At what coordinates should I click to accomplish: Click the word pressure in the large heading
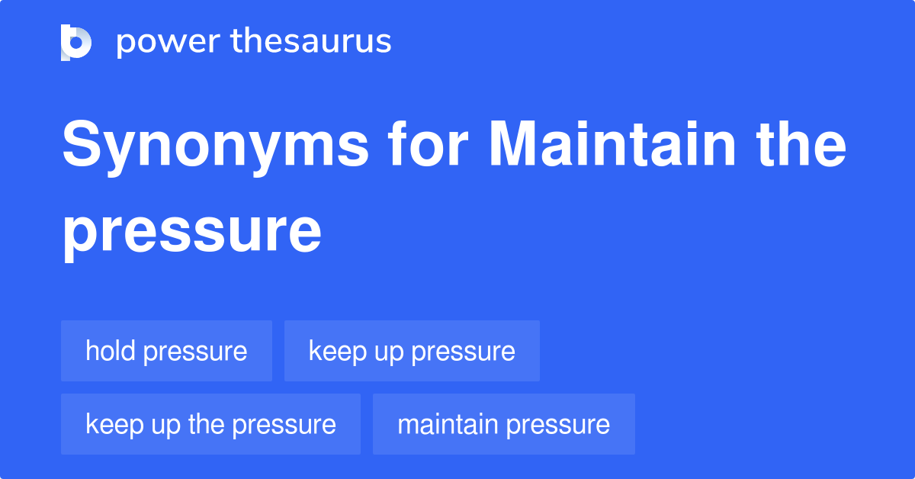pyautogui.click(x=191, y=232)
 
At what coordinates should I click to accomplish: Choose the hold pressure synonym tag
pyautogui.click(x=166, y=351)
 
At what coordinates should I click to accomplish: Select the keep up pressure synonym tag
pyautogui.click(x=412, y=351)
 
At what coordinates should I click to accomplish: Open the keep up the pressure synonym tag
pyautogui.click(x=210, y=424)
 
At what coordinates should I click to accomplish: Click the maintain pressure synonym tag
pyautogui.click(x=503, y=424)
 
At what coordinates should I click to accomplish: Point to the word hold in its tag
pyautogui.click(x=110, y=351)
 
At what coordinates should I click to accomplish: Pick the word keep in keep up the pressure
pyautogui.click(x=111, y=424)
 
